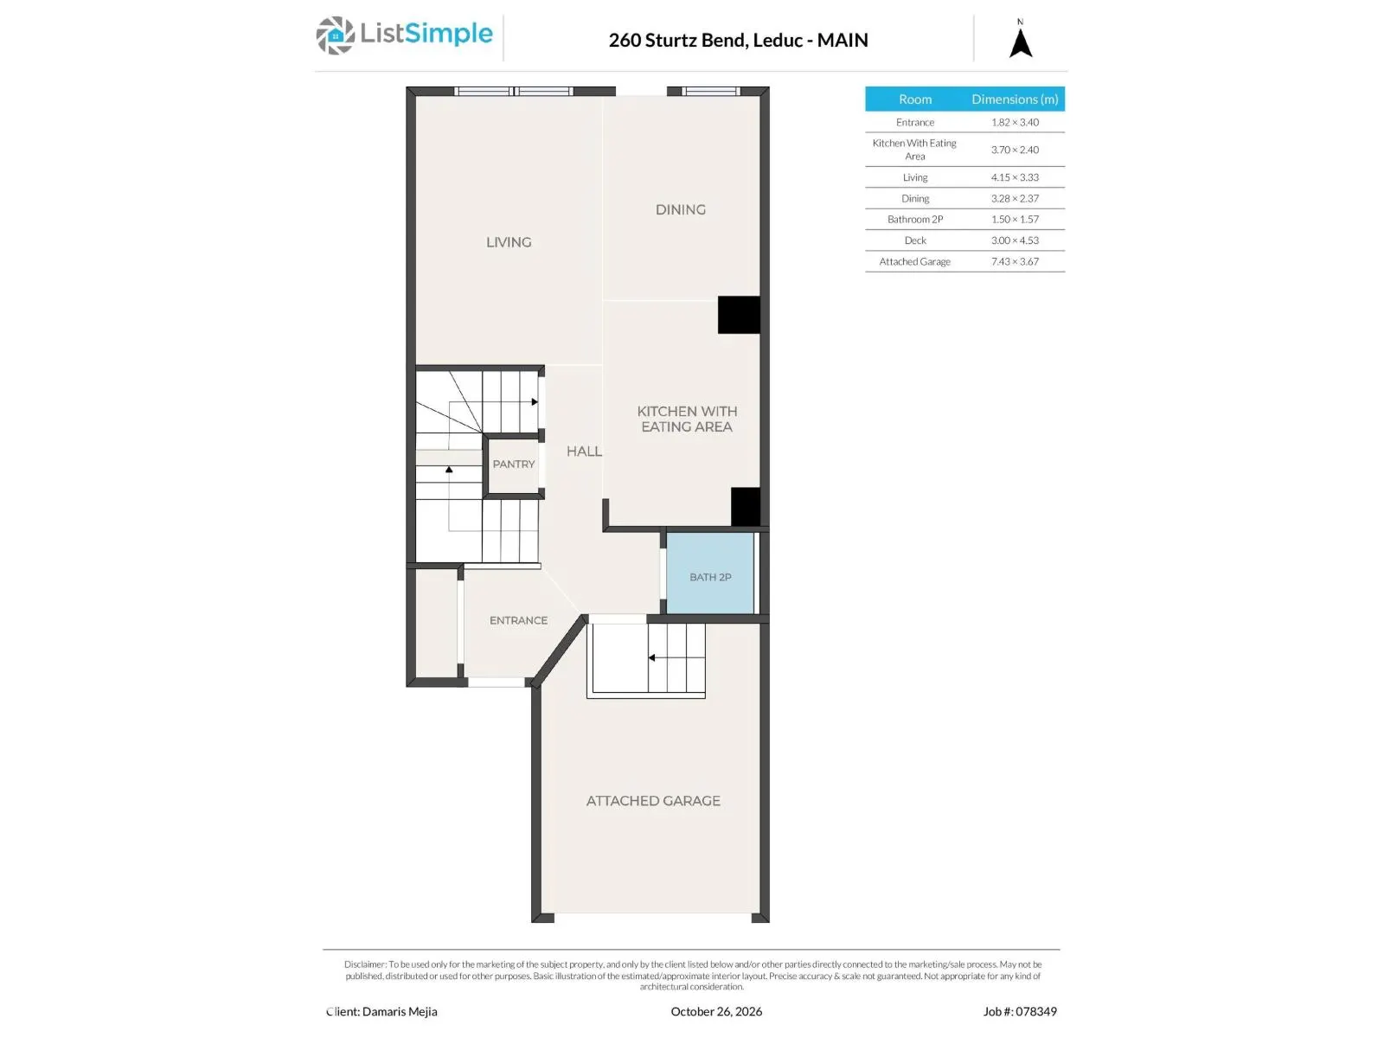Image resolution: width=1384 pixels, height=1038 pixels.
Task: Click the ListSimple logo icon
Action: coord(335,35)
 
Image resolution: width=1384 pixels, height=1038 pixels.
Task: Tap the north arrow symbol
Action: coord(1020,43)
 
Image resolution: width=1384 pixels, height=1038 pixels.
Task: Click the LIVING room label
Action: coord(509,242)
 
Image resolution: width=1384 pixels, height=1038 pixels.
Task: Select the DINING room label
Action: coord(680,209)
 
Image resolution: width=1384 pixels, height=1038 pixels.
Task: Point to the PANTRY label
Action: coord(513,464)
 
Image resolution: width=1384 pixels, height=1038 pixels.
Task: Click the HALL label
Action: coord(584,452)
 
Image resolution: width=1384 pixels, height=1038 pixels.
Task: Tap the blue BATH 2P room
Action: coord(710,573)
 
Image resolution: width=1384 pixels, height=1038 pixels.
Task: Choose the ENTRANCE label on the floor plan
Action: coord(518,620)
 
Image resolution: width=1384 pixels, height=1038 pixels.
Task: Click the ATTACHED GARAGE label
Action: coord(652,800)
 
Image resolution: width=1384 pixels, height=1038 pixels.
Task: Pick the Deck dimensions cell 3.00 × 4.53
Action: coord(1015,240)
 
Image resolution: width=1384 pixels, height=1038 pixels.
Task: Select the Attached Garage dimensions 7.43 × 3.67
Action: coord(1015,261)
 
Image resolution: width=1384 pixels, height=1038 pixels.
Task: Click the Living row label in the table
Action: coord(914,177)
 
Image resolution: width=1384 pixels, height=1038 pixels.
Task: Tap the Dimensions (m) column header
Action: coord(1015,99)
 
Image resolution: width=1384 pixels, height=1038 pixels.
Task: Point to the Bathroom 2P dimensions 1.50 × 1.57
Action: coord(1015,220)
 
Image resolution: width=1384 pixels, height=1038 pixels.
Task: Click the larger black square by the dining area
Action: coord(739,315)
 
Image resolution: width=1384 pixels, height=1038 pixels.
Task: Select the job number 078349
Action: coord(1036,1011)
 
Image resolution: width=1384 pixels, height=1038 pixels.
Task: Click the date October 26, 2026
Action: coord(715,1011)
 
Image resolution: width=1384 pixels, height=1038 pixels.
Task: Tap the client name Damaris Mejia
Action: coord(399,1011)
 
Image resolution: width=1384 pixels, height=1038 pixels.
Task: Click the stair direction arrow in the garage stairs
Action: coord(652,657)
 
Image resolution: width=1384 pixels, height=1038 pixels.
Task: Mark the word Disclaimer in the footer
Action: coord(364,964)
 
